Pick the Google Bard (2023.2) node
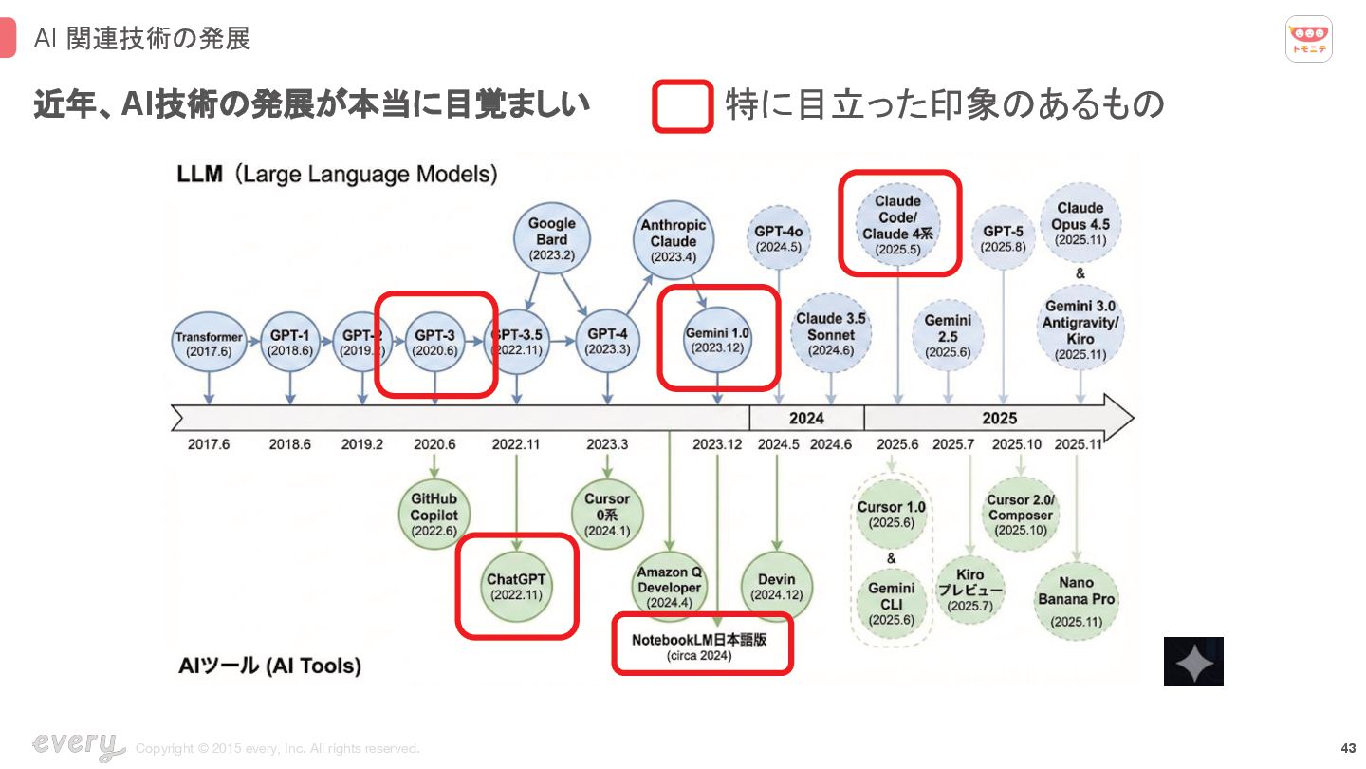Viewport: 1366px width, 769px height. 551,239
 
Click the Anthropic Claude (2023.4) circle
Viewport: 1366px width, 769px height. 674,241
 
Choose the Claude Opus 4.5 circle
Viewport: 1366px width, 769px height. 1080,223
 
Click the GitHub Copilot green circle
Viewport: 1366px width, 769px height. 434,515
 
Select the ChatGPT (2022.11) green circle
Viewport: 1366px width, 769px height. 517,586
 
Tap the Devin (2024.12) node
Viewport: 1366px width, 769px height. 777,586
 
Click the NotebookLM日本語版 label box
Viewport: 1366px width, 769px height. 701,646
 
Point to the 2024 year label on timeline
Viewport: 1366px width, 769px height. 806,419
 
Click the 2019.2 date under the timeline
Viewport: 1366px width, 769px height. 361,444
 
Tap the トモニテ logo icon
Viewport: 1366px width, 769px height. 1309,39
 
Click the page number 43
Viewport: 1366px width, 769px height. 1348,748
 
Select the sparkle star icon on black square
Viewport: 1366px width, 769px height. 1193,662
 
